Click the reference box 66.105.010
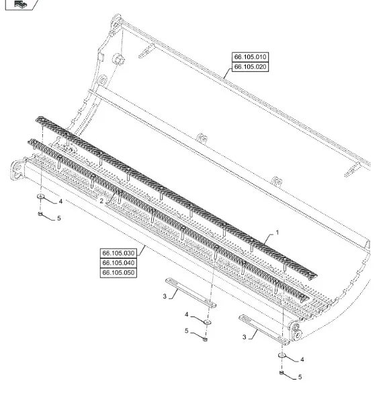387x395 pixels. pyautogui.click(x=250, y=57)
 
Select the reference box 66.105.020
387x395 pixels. pyautogui.click(x=250, y=67)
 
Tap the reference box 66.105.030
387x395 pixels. pyautogui.click(x=118, y=253)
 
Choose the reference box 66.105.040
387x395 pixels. pyautogui.click(x=118, y=263)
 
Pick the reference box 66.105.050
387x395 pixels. pyautogui.click(x=118, y=272)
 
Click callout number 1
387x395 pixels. pyautogui.click(x=277, y=233)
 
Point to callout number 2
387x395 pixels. pyautogui.click(x=101, y=201)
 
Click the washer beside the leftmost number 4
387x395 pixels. pyautogui.click(x=41, y=196)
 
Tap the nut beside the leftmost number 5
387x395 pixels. pyautogui.click(x=40, y=214)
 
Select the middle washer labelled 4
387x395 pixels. pyautogui.click(x=208, y=322)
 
